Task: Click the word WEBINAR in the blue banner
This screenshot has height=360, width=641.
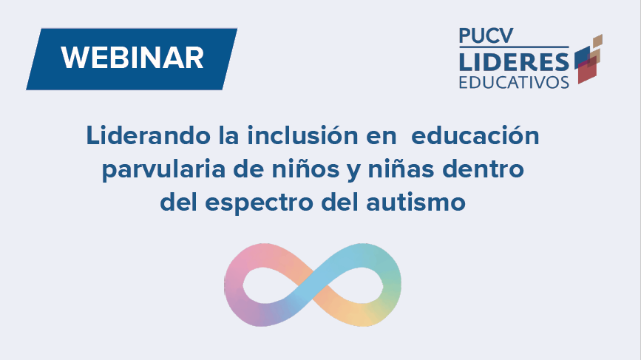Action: pyautogui.click(x=132, y=58)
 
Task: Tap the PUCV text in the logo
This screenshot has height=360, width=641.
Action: pyautogui.click(x=484, y=35)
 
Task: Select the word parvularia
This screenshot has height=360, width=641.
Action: pyautogui.click(x=158, y=169)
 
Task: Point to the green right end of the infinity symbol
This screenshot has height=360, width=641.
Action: pyautogui.click(x=395, y=285)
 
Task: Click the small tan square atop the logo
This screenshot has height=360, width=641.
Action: pyautogui.click(x=597, y=39)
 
